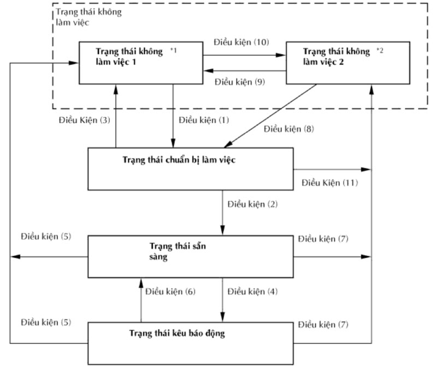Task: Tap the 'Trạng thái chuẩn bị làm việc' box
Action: [x=191, y=168]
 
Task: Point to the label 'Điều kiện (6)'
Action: [x=170, y=291]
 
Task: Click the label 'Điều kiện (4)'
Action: [x=252, y=291]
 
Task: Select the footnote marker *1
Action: [x=174, y=51]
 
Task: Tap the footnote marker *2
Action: [x=380, y=51]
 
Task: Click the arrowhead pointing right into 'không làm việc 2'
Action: [x=282, y=55]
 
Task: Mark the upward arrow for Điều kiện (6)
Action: [x=141, y=300]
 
